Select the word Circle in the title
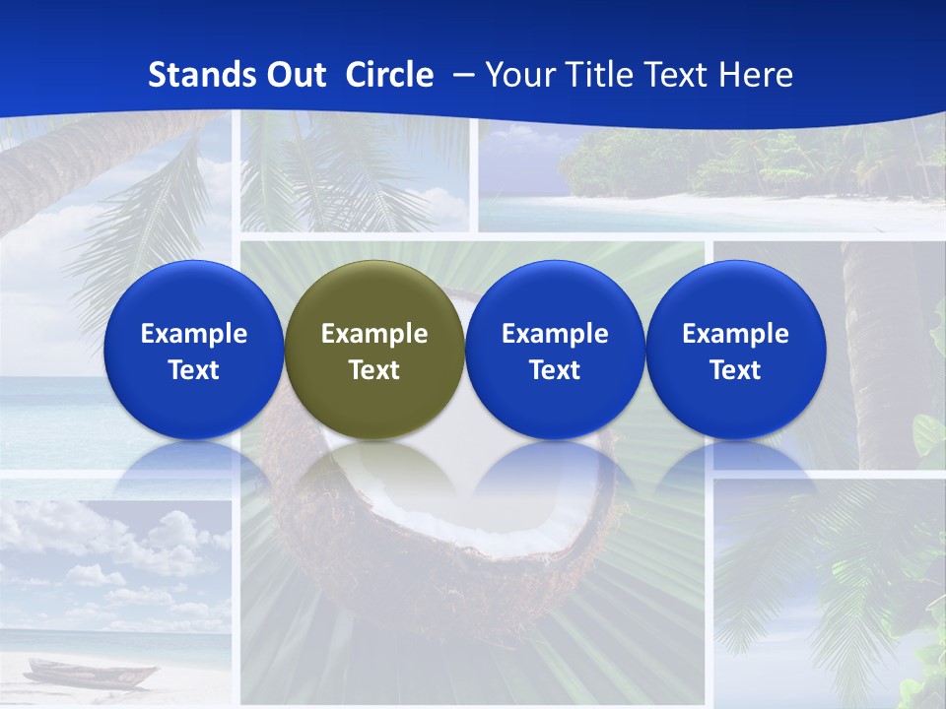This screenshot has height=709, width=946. [389, 75]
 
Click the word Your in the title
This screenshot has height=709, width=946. [517, 75]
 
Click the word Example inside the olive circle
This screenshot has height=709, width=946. [374, 334]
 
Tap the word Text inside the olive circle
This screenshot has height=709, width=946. [374, 370]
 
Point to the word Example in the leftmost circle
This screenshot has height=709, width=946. [193, 334]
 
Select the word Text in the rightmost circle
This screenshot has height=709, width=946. [736, 370]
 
